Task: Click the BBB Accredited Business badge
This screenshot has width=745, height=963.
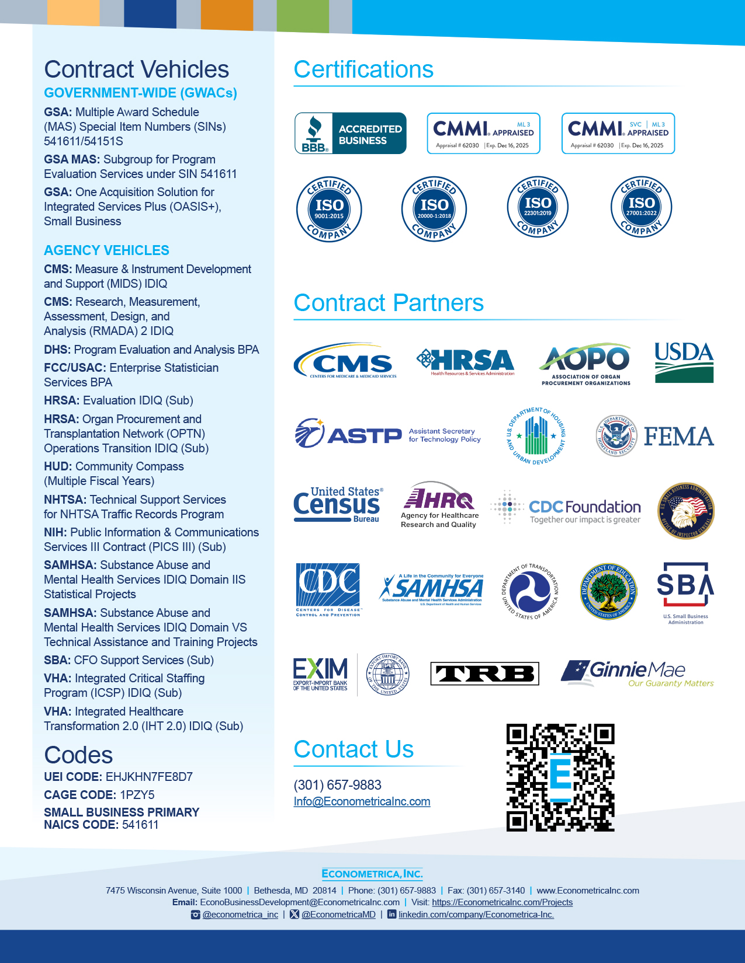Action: (351, 134)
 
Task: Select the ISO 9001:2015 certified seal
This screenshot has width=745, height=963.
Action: (329, 208)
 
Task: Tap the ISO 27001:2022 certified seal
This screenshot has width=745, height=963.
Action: (641, 207)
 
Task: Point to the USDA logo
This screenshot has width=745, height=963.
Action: (684, 362)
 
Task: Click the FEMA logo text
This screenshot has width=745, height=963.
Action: (678, 437)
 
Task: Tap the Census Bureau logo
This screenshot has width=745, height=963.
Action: (338, 504)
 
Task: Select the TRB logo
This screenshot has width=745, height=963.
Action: (484, 674)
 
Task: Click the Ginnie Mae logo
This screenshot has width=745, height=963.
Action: (637, 673)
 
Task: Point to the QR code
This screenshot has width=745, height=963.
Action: (560, 777)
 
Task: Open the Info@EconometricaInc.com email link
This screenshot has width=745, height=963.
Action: (362, 801)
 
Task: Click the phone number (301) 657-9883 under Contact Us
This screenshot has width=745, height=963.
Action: (337, 785)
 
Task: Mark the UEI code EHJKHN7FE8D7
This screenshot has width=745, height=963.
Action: (149, 777)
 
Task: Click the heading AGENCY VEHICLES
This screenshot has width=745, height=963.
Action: (106, 250)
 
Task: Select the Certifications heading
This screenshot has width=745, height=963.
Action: (363, 69)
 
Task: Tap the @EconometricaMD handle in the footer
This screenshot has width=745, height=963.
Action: (338, 915)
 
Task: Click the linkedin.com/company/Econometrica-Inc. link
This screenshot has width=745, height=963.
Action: (476, 915)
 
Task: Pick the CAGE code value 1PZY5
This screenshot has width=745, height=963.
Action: (137, 795)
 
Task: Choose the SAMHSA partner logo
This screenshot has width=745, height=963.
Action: (432, 589)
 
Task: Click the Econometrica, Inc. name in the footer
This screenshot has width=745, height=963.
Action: (372, 874)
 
